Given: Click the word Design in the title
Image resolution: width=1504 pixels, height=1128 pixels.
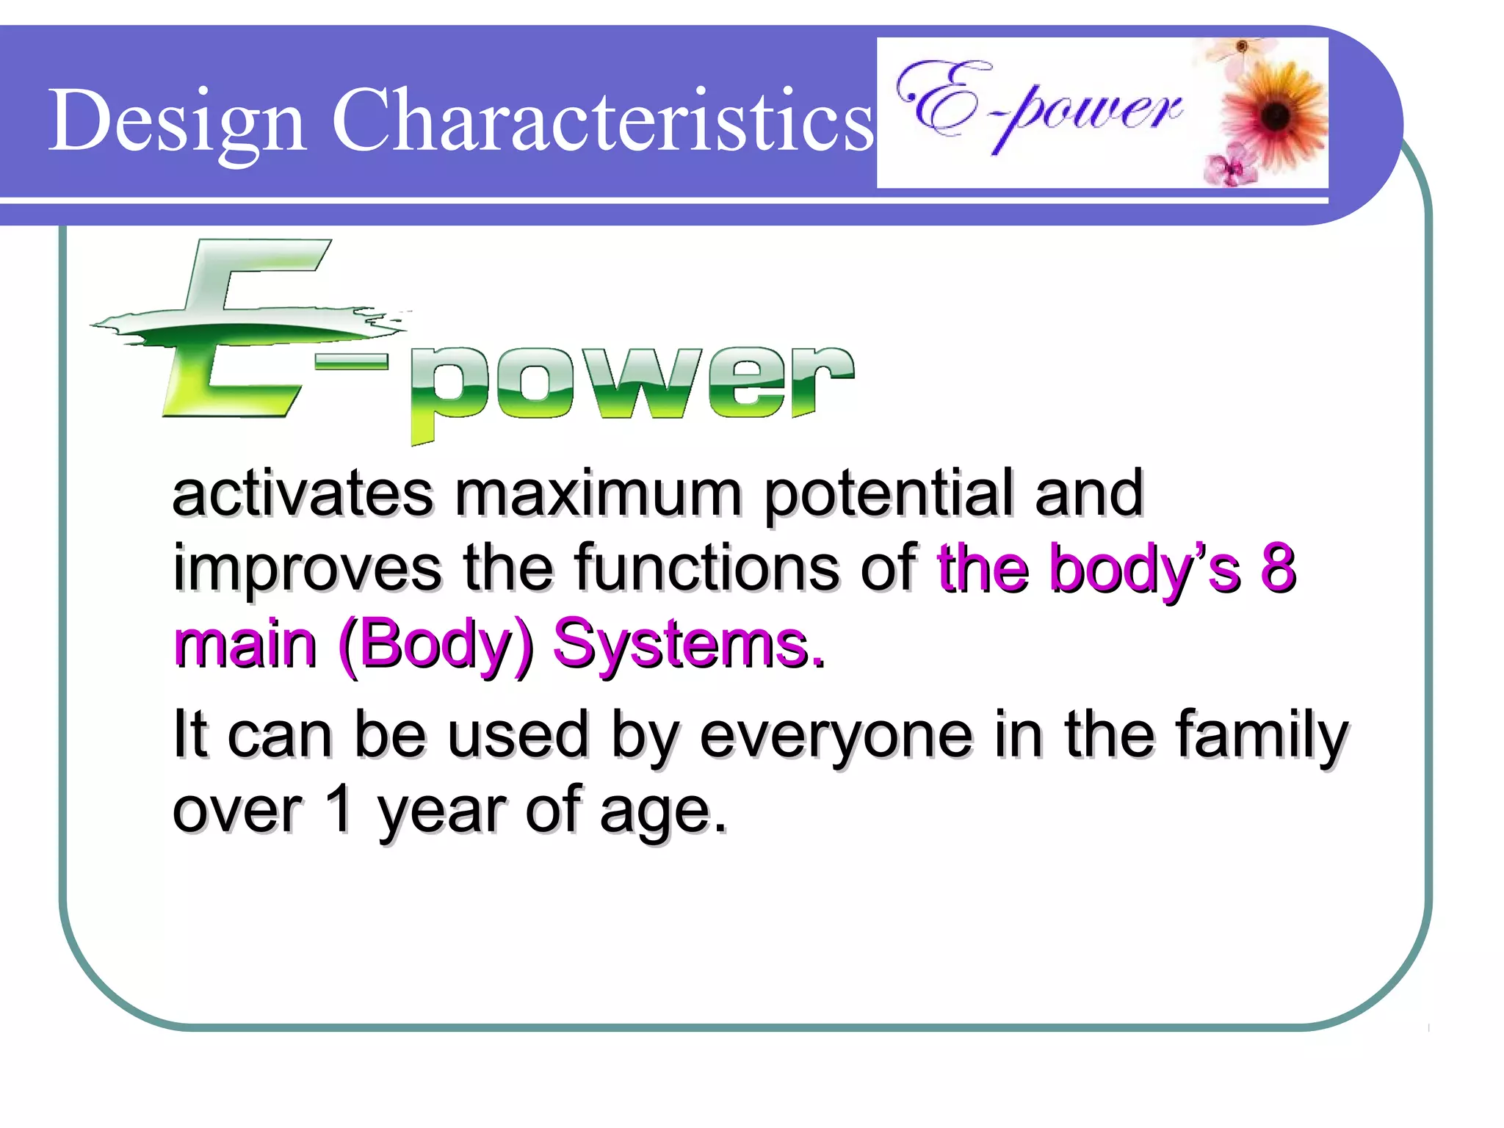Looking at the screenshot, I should pos(176,121).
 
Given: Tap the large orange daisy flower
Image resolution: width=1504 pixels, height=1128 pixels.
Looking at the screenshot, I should pos(1275,114).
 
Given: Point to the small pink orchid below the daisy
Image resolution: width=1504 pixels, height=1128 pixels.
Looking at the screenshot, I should pos(1228,167).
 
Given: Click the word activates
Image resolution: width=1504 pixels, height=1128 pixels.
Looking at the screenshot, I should pos(303,493).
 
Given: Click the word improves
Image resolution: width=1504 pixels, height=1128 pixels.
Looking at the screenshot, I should pos(307,570).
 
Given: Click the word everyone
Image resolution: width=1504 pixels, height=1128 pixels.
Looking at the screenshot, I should pos(836,737).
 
